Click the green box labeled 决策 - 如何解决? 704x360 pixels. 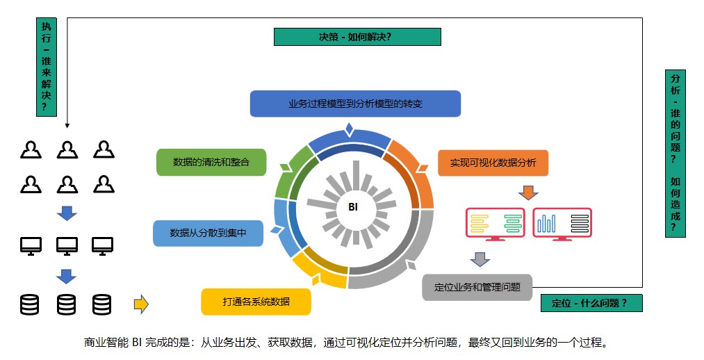pyautogui.click(x=357, y=37)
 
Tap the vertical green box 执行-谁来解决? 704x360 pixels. pyautogui.click(x=47, y=67)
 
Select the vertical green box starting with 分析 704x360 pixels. pyautogui.click(x=676, y=154)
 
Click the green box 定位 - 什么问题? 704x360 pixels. pyautogui.click(x=591, y=303)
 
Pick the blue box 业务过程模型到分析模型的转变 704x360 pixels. pyautogui.click(x=355, y=104)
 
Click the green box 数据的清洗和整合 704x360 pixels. pyautogui.click(x=211, y=162)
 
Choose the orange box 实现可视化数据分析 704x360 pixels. pyautogui.click(x=493, y=163)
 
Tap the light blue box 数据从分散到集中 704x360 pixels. pyautogui.click(x=208, y=233)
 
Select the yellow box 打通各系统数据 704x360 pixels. pyautogui.click(x=256, y=302)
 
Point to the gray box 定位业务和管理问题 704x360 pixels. pyautogui.click(x=477, y=287)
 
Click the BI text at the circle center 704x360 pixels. pyautogui.click(x=353, y=207)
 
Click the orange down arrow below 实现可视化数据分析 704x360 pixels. pyautogui.click(x=528, y=193)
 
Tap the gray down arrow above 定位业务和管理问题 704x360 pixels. pyautogui.click(x=480, y=259)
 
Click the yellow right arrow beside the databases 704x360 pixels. pyautogui.click(x=142, y=304)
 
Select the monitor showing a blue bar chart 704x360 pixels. pyautogui.click(x=562, y=224)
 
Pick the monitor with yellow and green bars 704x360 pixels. pyautogui.click(x=496, y=224)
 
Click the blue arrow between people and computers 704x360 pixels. pyautogui.click(x=67, y=213)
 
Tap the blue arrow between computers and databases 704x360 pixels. pyautogui.click(x=67, y=277)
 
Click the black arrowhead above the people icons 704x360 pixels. pyautogui.click(x=67, y=126)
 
